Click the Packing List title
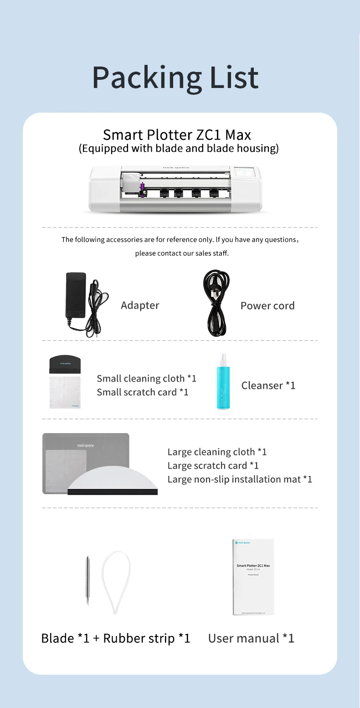pyautogui.click(x=175, y=78)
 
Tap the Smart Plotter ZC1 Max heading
pyautogui.click(x=177, y=135)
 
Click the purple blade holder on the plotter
pyautogui.click(x=143, y=187)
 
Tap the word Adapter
pyautogui.click(x=140, y=305)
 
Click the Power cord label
pyautogui.click(x=267, y=306)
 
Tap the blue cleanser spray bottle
pyautogui.click(x=224, y=385)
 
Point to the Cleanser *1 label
pyautogui.click(x=268, y=386)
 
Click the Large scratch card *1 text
pyautogui.click(x=213, y=465)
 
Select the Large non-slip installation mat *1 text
pyautogui.click(x=240, y=479)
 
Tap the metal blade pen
pyautogui.click(x=87, y=579)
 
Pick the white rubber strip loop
pyautogui.click(x=116, y=581)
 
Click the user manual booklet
pyautogui.click(x=253, y=577)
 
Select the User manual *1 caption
pyautogui.click(x=251, y=638)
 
